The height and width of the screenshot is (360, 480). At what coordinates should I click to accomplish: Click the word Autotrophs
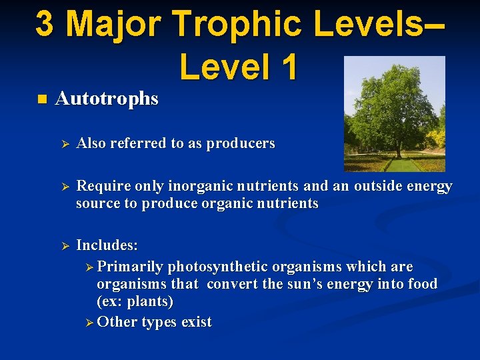click(x=107, y=99)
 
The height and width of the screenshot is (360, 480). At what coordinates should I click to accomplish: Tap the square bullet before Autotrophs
click(x=42, y=100)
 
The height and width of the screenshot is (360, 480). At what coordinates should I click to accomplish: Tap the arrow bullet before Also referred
click(x=65, y=144)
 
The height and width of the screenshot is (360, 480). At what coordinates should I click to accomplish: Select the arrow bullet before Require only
click(x=65, y=187)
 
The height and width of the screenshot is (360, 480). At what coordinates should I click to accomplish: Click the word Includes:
click(x=107, y=245)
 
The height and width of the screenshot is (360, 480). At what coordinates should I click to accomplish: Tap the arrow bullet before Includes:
click(x=65, y=245)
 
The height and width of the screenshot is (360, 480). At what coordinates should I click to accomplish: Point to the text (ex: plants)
click(x=135, y=301)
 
